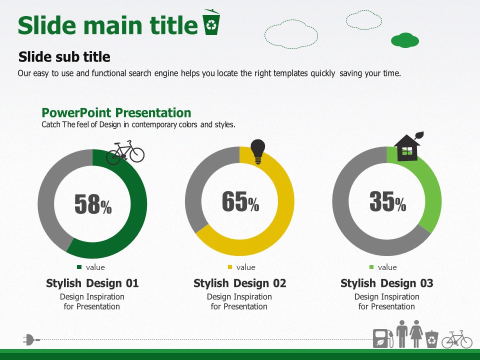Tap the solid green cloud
pos(405,40)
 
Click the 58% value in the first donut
pos(93,204)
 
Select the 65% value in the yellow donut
pos(240,201)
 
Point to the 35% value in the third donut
pos(388,201)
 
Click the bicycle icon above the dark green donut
pos(125,152)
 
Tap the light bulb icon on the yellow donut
pos(258,151)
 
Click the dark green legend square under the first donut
pos(79,267)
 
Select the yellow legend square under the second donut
pos(230,267)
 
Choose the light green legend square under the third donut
pos(371,267)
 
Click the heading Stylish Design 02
pos(239,283)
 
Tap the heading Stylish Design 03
pos(387,283)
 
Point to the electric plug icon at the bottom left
pos(31,340)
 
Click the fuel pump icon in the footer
pos(383,338)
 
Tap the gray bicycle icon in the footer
pos(456,339)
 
